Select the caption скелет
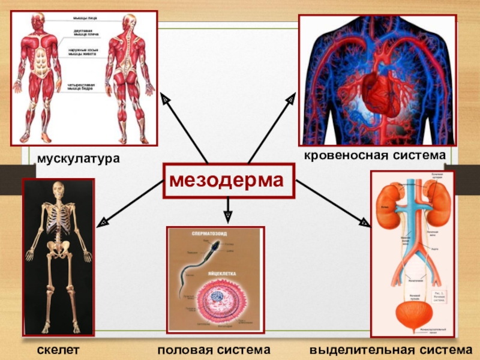tap(57, 349)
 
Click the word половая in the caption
tap(187, 349)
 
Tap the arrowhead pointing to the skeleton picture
tap(103, 222)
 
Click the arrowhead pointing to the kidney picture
tap(364, 223)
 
